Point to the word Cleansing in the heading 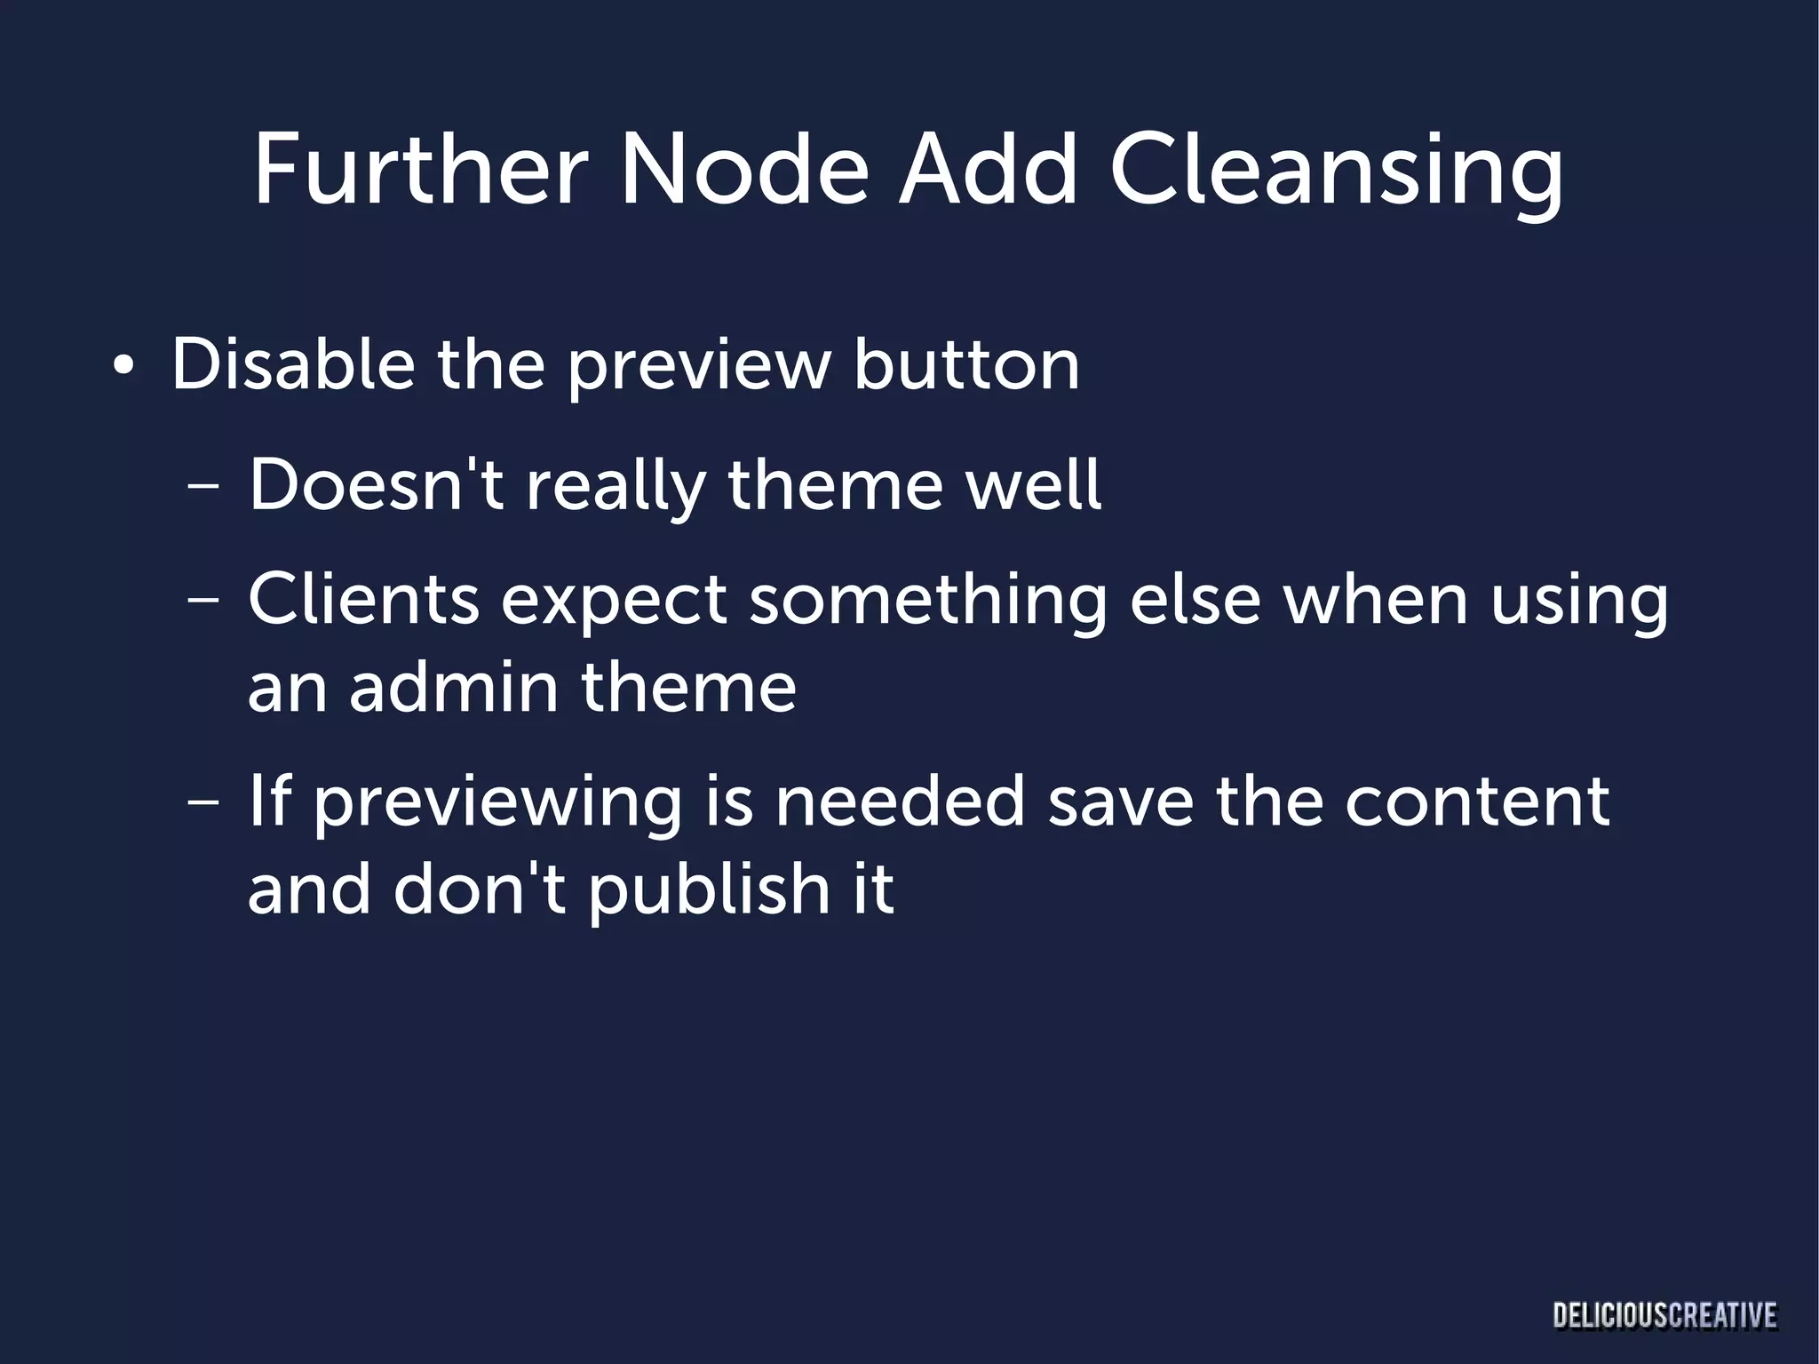tap(1336, 173)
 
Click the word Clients tap(364, 600)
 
